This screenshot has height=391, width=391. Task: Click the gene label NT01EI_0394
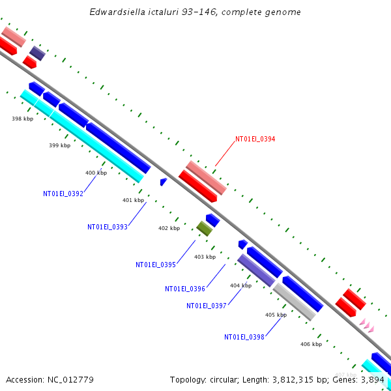(x=255, y=139)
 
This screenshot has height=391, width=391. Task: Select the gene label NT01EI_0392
(x=63, y=194)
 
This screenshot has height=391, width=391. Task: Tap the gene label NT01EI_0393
(x=108, y=227)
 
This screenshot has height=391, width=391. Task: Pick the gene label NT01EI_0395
(x=156, y=265)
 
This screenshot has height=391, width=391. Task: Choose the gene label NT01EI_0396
(x=185, y=289)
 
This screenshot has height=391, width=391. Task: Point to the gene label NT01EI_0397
(x=207, y=306)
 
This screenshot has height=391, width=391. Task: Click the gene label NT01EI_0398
(x=244, y=337)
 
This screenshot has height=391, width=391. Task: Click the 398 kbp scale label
(x=22, y=119)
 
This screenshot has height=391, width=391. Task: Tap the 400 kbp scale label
(x=96, y=173)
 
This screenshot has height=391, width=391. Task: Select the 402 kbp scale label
(x=169, y=228)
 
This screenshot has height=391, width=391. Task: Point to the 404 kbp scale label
(x=240, y=285)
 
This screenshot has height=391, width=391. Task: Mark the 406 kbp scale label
(x=311, y=344)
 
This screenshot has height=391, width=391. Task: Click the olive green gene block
(x=205, y=228)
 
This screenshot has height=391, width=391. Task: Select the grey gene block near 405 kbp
(x=295, y=302)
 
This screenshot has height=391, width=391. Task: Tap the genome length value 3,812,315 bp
(x=310, y=379)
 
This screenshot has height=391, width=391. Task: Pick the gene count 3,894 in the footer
(x=377, y=379)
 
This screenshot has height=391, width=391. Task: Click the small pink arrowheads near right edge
(x=367, y=325)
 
